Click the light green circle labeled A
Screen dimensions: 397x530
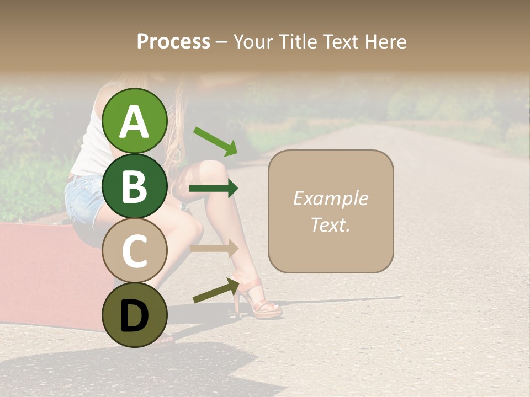[x=135, y=121]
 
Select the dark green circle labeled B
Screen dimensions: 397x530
[x=135, y=186]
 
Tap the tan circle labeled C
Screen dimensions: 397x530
[x=135, y=250]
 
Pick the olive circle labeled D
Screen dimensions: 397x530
[x=135, y=315]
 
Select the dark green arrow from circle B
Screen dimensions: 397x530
[x=214, y=189]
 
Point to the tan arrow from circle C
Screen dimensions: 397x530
[x=214, y=249]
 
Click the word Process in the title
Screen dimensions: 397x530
[x=173, y=41]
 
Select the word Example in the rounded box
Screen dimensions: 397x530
[x=330, y=198]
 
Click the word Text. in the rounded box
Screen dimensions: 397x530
[x=330, y=224]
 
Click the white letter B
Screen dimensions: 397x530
[x=135, y=186]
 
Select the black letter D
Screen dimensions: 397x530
[x=135, y=316]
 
